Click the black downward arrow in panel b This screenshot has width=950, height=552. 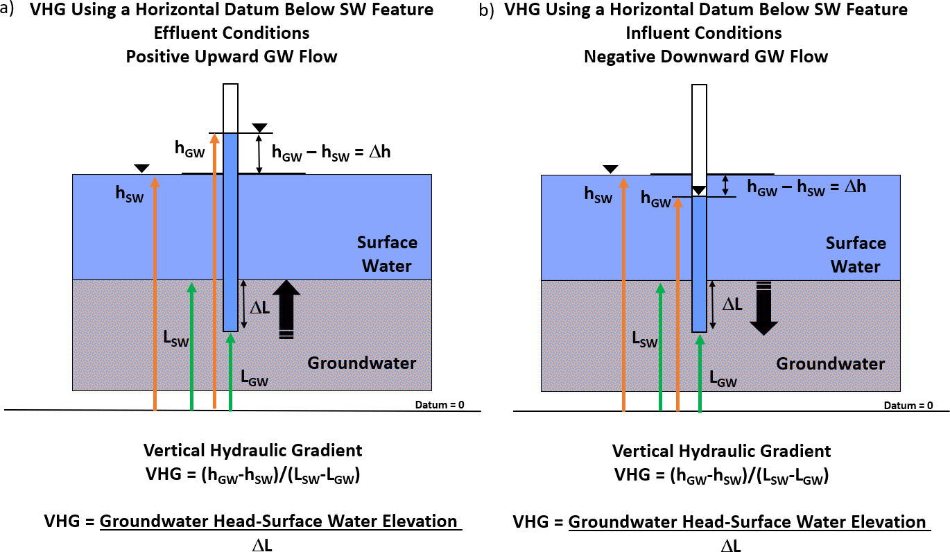pos(763,309)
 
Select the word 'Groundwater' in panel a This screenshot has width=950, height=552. pos(362,363)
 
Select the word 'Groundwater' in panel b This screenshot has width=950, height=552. pos(830,363)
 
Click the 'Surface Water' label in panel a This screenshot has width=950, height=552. pos(387,254)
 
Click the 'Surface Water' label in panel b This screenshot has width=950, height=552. pos(856,255)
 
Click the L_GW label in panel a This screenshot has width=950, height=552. pos(254,378)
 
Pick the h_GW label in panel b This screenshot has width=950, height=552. pos(655,200)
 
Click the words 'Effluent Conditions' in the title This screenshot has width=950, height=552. pos(232,33)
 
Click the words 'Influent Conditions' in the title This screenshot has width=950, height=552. pos(704,33)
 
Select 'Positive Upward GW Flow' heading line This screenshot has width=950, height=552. pos(232,56)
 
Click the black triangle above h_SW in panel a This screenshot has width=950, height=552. pos(141,168)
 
